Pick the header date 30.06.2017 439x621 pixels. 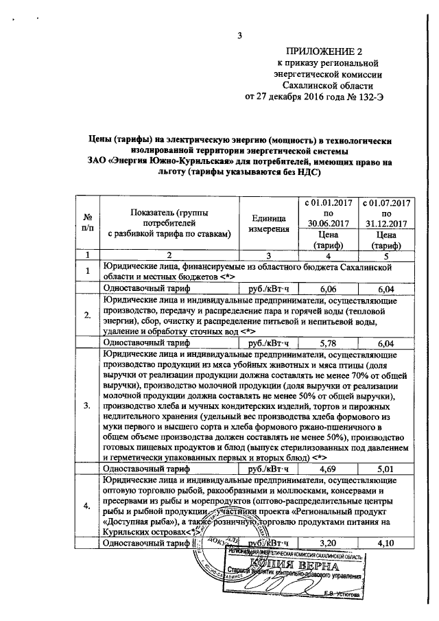pyautogui.click(x=328, y=223)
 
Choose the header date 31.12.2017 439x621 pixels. pyautogui.click(x=388, y=223)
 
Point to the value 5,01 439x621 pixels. pyautogui.click(x=388, y=469)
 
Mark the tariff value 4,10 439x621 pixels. pyautogui.click(x=388, y=543)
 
